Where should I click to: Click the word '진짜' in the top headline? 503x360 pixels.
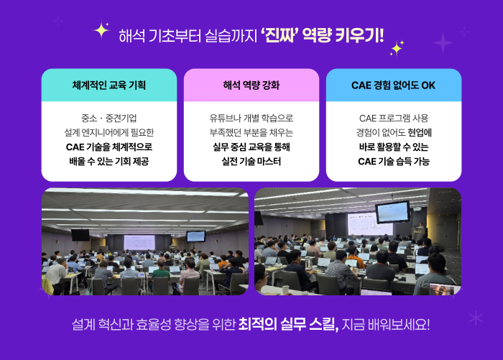278,35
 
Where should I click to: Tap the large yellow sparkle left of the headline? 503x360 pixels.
101,30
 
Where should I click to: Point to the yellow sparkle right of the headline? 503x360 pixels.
397,48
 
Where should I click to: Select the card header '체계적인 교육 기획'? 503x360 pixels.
109,86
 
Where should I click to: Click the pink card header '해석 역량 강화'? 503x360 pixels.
251,86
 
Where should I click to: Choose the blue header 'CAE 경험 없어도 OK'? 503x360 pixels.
393,86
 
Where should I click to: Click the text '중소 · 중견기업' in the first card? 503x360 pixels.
109,118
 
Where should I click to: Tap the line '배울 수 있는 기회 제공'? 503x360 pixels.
109,161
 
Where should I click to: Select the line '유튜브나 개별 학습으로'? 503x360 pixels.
251,118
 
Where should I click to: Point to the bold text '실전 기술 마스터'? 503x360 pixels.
251,161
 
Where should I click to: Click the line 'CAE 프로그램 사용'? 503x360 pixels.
394,118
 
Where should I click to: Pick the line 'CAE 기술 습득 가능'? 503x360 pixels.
394,161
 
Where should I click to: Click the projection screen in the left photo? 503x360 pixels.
139,242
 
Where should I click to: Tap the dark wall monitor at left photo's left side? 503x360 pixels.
80,235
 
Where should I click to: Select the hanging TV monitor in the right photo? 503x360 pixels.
392,212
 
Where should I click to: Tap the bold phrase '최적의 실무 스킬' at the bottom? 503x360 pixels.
288,324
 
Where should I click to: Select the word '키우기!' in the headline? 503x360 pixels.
359,35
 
